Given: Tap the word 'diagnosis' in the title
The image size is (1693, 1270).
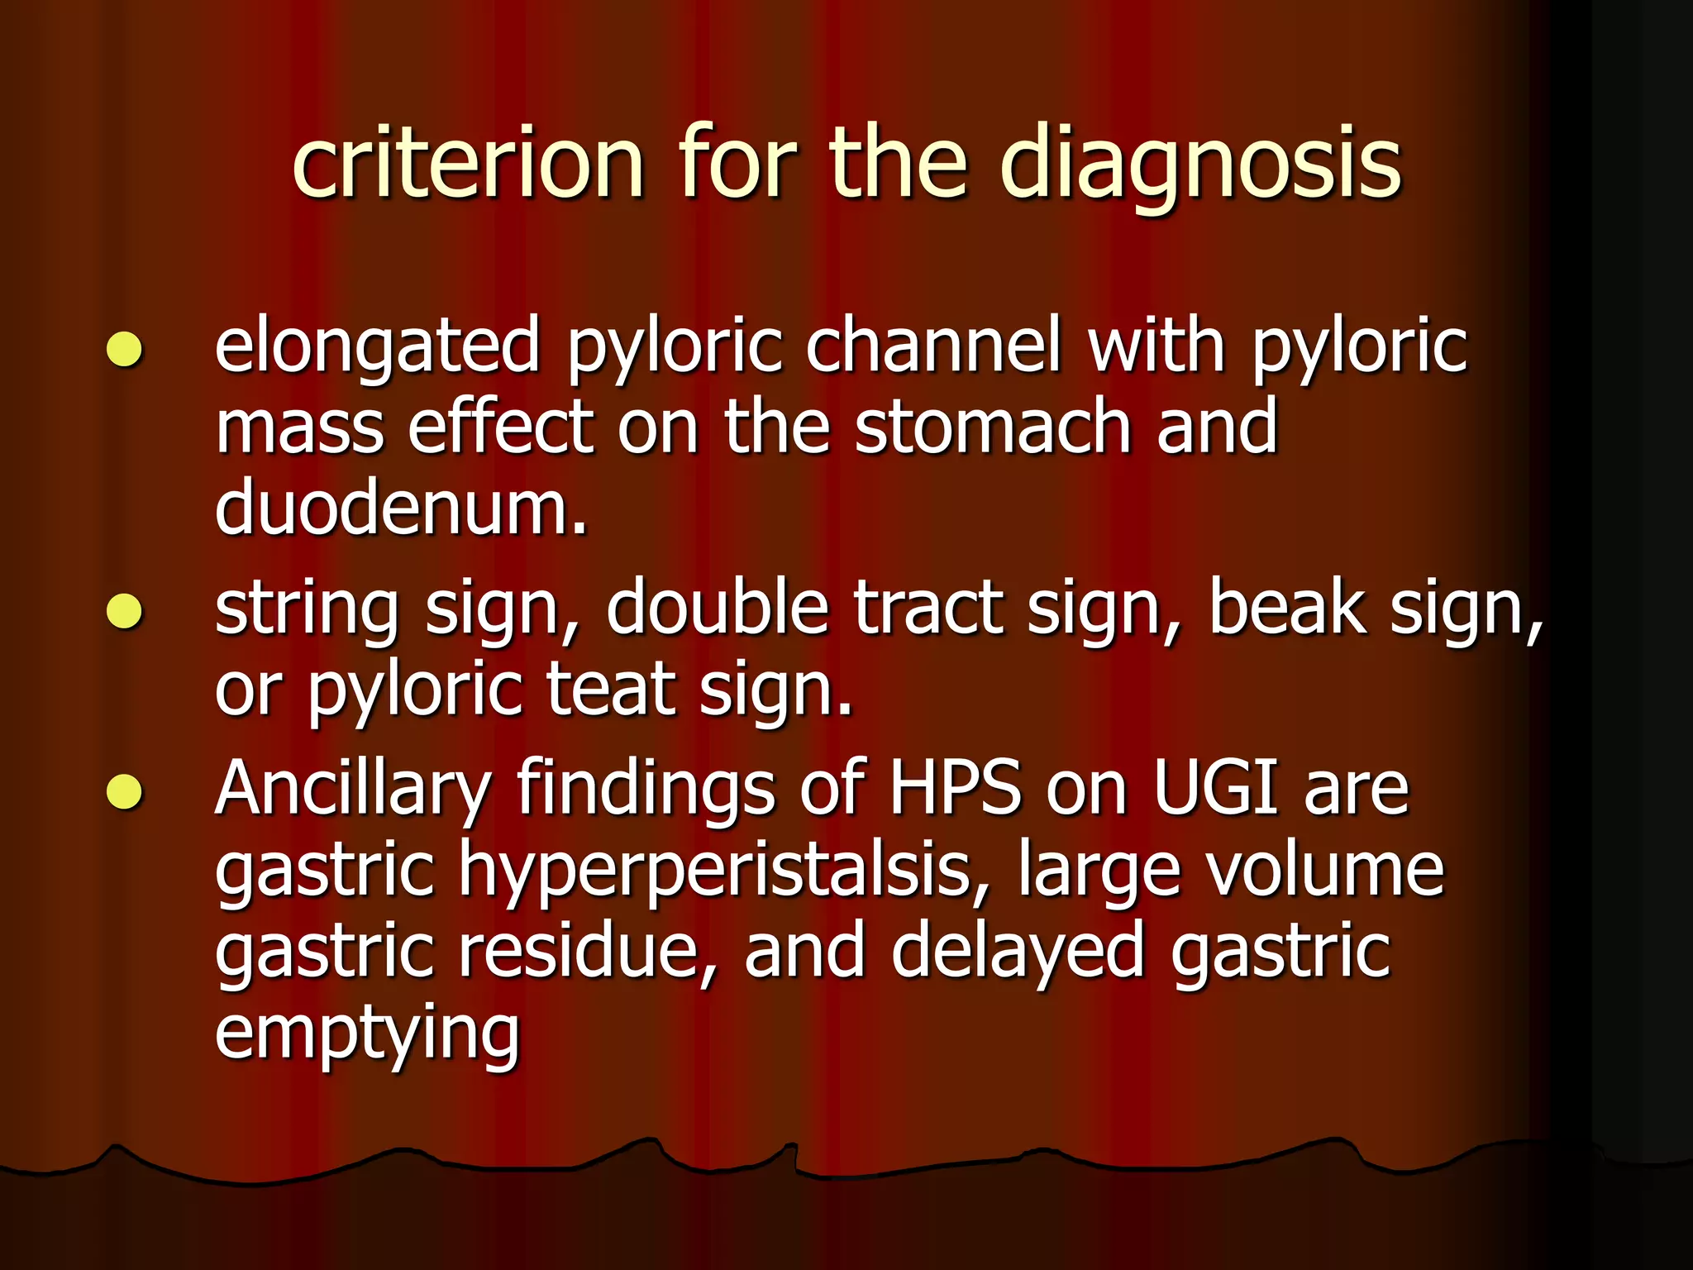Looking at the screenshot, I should (x=1200, y=165).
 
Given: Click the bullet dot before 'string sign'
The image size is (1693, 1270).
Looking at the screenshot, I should (x=125, y=612).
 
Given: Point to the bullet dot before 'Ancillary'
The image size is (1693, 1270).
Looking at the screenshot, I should (x=125, y=791).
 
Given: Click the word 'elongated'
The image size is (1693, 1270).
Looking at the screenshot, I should (x=377, y=347).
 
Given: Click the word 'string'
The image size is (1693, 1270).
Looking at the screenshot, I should (x=307, y=610).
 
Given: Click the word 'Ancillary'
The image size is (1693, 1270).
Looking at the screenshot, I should (x=353, y=790).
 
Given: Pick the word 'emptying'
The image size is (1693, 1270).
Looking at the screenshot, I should (x=367, y=1034).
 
